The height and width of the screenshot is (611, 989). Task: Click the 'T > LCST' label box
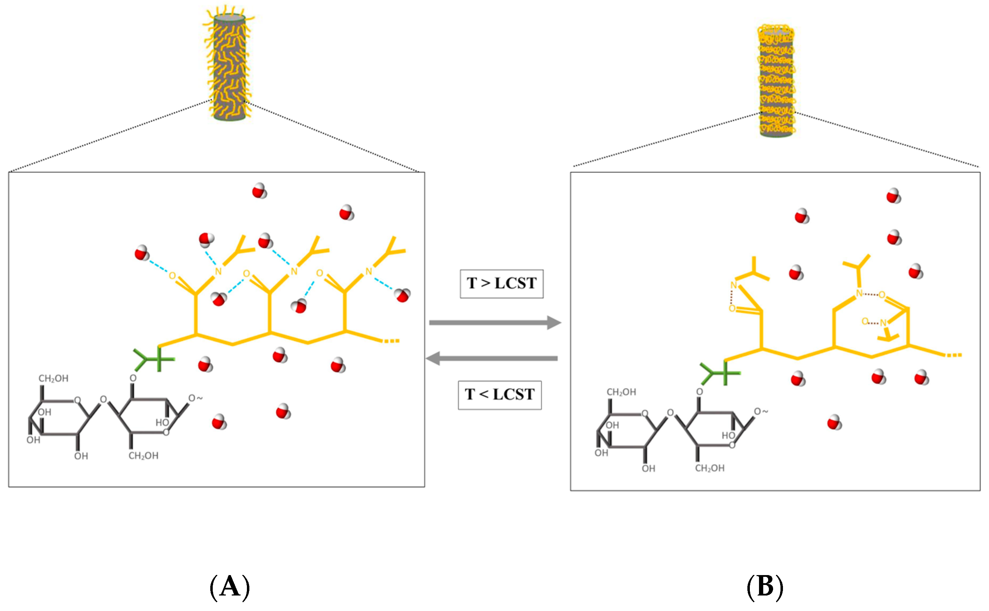(x=501, y=284)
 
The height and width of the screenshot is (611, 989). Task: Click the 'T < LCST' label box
(x=499, y=395)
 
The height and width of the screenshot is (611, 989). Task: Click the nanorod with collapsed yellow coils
(x=776, y=81)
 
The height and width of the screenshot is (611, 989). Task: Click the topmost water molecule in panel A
(x=259, y=191)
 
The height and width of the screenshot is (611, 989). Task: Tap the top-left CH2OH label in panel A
(x=53, y=379)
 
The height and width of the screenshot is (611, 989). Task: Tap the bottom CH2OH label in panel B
(x=709, y=468)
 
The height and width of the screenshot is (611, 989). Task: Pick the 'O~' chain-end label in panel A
(x=195, y=398)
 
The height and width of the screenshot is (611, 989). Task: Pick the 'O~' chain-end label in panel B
(x=761, y=411)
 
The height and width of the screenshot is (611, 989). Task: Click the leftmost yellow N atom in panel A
(x=218, y=272)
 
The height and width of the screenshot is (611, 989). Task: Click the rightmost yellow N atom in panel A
(x=369, y=272)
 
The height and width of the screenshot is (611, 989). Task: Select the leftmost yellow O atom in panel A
(x=172, y=276)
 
